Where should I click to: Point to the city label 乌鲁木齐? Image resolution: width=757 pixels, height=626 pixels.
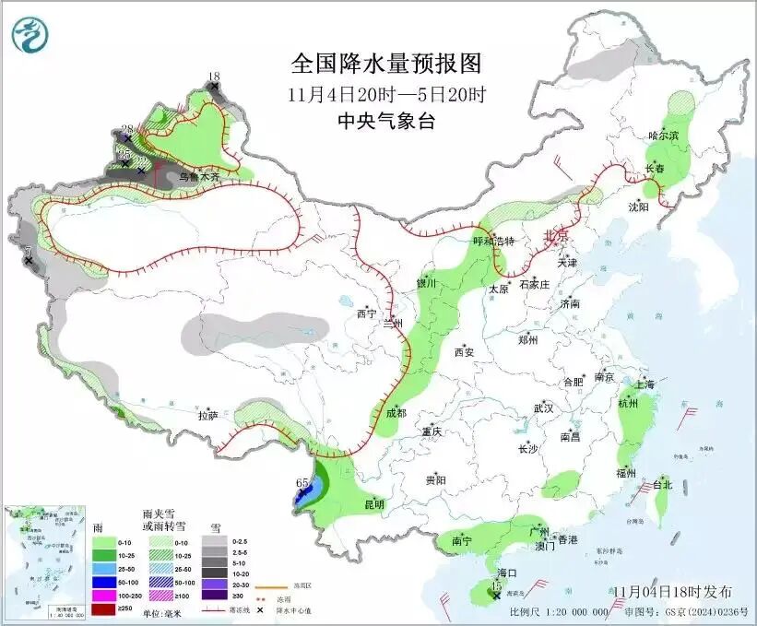point(199,175)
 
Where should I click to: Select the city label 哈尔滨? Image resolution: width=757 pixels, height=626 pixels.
point(662,136)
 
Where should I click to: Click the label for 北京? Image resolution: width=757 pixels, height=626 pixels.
point(557,235)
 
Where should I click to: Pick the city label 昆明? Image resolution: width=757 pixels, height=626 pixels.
point(373,504)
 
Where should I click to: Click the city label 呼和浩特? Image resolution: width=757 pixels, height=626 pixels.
point(492,242)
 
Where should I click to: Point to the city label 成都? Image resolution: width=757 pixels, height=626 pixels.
point(396,413)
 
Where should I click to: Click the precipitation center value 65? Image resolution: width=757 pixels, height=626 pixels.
point(302,482)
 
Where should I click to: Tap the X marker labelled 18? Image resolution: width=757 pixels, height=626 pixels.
point(215,87)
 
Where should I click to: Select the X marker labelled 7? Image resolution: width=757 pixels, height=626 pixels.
point(29,261)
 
